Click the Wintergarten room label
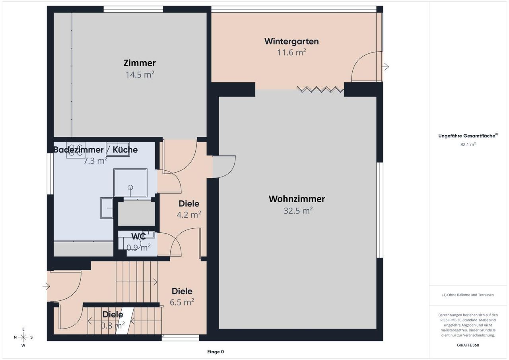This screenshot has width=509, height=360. click(291, 41)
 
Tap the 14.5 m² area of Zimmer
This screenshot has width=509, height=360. click(140, 74)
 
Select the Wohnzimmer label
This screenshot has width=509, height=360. click(297, 199)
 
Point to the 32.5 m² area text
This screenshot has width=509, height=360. click(298, 210)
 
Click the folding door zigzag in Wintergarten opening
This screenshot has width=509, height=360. click(320, 90)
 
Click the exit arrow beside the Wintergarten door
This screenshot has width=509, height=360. click(385, 67)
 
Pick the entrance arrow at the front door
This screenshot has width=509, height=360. click(46, 286)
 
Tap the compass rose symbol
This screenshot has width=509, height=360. click(23, 337)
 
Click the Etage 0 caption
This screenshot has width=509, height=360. click(216, 352)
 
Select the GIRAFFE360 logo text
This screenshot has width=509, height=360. click(468, 345)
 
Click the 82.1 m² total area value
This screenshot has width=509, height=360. click(468, 144)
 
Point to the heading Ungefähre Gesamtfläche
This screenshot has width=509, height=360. click(468, 136)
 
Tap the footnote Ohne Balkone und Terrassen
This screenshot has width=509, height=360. click(468, 295)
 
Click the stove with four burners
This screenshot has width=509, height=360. click(76, 150)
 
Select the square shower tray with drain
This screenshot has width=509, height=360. click(130, 183)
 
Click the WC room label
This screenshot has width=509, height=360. click(138, 237)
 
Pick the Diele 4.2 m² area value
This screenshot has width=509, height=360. click(188, 214)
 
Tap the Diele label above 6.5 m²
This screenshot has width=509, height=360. click(182, 291)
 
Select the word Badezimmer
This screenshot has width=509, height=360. click(78, 150)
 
